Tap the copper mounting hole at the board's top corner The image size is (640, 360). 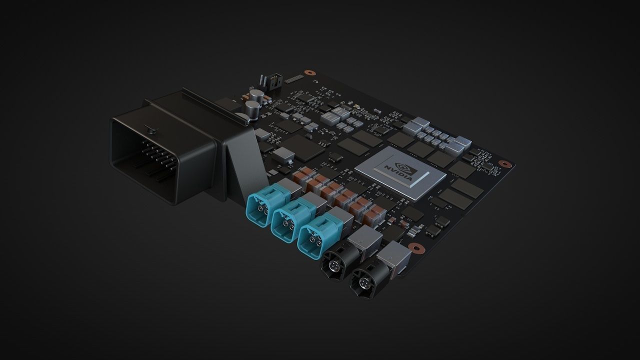pyautogui.click(x=310, y=72)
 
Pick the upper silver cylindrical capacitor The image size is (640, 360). pyautogui.click(x=257, y=95)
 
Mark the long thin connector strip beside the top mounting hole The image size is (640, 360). pyautogui.click(x=295, y=78)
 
